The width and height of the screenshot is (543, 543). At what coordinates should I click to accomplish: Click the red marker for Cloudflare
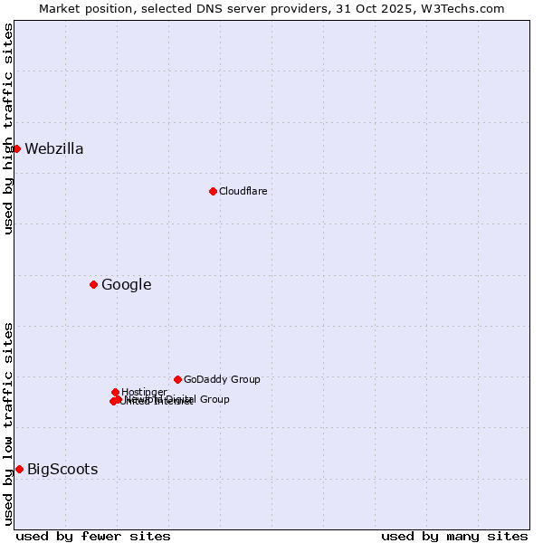[x=213, y=191]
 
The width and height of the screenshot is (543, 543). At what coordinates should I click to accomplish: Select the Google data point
[x=93, y=284]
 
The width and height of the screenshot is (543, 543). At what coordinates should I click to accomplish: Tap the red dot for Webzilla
[x=16, y=148]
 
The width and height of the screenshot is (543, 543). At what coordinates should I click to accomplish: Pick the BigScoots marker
[x=19, y=469]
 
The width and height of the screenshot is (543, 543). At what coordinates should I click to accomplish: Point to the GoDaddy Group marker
[x=177, y=379]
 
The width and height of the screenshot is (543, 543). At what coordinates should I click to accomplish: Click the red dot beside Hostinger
[x=115, y=392]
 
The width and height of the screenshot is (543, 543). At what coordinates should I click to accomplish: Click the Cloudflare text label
[x=243, y=191]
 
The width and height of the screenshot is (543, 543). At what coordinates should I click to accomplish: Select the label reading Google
[x=126, y=285]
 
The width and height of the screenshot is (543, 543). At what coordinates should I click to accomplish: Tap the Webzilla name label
[x=54, y=149]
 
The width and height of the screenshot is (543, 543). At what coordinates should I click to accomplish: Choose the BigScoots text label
[x=62, y=469]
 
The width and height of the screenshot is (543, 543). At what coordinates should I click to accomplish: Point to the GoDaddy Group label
[x=222, y=379]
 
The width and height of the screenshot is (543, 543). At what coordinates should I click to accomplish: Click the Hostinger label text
[x=144, y=392]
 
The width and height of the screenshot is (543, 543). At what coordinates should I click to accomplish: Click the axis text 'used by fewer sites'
[x=93, y=536]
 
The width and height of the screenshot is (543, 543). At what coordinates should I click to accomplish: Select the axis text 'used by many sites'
[x=454, y=536]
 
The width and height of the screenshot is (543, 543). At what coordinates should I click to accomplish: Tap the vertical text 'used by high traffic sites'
[x=8, y=129]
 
